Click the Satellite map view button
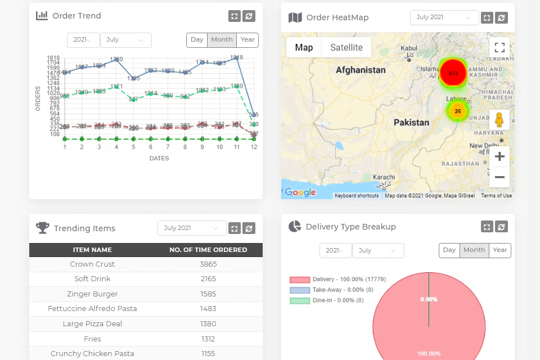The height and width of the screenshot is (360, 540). [346, 47]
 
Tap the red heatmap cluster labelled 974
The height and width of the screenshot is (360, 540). [453, 73]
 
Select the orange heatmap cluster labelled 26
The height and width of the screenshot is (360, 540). [458, 111]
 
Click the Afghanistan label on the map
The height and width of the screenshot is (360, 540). [361, 70]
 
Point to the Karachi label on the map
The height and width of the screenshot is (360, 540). [384, 177]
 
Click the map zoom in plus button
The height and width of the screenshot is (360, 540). [499, 156]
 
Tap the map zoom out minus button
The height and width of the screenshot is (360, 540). [499, 177]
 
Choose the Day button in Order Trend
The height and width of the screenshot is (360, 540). [197, 40]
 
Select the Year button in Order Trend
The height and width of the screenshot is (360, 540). [247, 40]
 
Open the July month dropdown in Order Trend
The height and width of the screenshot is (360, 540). [126, 40]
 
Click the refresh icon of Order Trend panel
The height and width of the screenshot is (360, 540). [249, 16]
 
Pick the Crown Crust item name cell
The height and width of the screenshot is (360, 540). [92, 264]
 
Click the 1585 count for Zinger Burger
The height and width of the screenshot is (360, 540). [208, 294]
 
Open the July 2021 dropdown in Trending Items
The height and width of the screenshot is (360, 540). [191, 228]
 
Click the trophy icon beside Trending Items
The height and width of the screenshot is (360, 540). [43, 228]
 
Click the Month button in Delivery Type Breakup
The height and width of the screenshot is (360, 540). [474, 250]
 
